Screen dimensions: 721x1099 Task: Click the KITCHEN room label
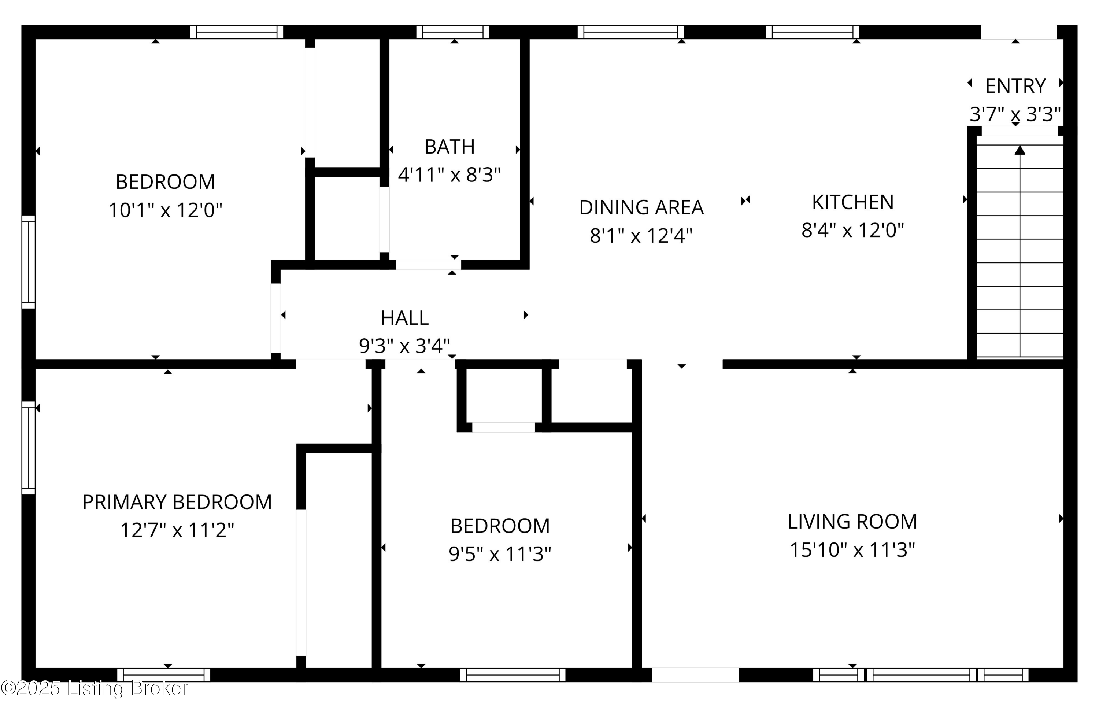coord(852,202)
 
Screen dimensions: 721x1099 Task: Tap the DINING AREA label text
coord(641,207)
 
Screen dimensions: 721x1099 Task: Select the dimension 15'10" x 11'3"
coord(852,550)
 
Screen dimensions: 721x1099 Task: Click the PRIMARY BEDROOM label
coord(177,502)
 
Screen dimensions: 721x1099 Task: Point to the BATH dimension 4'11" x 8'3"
coord(449,175)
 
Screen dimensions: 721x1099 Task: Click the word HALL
coord(404,318)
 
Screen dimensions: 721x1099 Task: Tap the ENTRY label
coord(1015,86)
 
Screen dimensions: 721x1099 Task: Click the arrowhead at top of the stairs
coord(1020,150)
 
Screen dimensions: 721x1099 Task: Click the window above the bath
coord(452,32)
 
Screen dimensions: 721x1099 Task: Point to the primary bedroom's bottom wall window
coord(164,675)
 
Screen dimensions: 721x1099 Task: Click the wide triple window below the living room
coord(920,675)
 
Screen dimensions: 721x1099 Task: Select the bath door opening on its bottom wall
coord(428,265)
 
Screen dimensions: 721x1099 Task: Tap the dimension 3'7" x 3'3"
coord(1015,114)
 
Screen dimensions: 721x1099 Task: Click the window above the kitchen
coord(812,32)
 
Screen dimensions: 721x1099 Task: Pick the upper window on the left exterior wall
coord(29,262)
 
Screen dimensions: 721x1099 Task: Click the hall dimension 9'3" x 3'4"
coord(404,346)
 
